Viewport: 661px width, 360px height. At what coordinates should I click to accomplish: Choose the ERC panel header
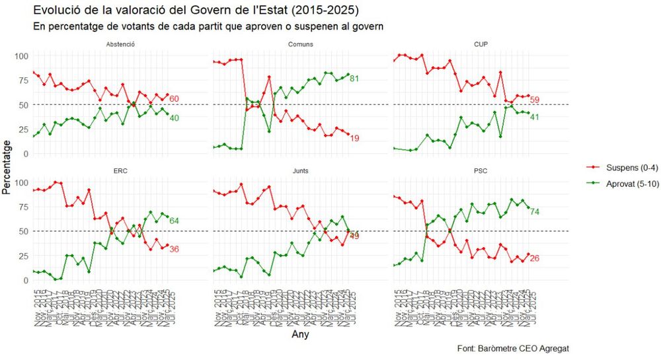[x=121, y=171]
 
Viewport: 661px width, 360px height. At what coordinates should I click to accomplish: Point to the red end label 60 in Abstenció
[x=174, y=99]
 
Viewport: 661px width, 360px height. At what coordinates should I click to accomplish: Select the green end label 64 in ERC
[x=174, y=221]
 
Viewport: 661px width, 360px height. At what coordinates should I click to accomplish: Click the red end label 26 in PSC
[x=535, y=258]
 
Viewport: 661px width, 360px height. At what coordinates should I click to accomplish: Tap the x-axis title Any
[x=300, y=335]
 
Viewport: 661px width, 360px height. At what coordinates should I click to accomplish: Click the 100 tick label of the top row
[x=22, y=55]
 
